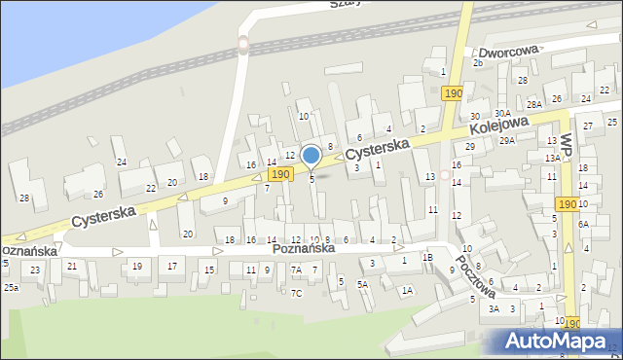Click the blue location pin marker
pyautogui.click(x=311, y=156)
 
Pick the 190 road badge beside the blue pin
pyautogui.click(x=280, y=173)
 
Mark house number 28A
pyautogui.click(x=533, y=104)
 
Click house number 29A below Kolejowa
pyautogui.click(x=507, y=141)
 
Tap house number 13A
pyautogui.click(x=552, y=158)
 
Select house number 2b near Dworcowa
pyautogui.click(x=477, y=62)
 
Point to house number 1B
pyautogui.click(x=427, y=257)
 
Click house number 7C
pyautogui.click(x=296, y=292)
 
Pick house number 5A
pyautogui.click(x=362, y=284)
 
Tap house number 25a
pyautogui.click(x=11, y=288)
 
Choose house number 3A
pyautogui.click(x=494, y=308)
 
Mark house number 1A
pyautogui.click(x=408, y=290)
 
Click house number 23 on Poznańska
pyautogui.click(x=36, y=270)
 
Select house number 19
pyautogui.click(x=137, y=266)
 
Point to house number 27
pyautogui.click(x=587, y=126)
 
